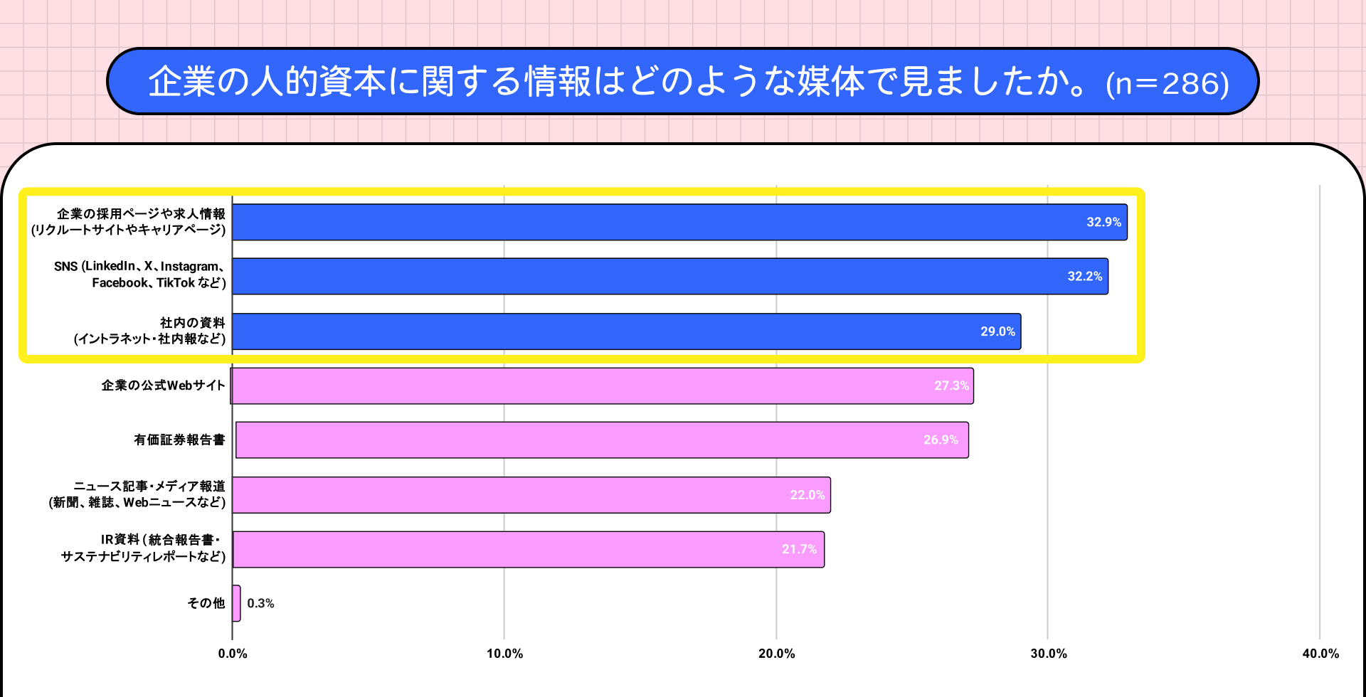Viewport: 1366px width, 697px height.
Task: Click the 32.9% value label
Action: click(x=1103, y=222)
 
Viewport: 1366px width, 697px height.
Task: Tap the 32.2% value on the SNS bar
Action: click(x=1084, y=276)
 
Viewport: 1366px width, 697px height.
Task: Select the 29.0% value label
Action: click(x=997, y=331)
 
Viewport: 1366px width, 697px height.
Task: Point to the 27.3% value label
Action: click(x=951, y=385)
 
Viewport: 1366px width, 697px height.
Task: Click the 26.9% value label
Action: click(x=941, y=440)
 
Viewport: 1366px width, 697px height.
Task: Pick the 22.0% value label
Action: click(x=808, y=495)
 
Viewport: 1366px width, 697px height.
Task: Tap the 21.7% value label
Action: click(x=799, y=549)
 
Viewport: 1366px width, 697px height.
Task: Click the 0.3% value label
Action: click(x=260, y=603)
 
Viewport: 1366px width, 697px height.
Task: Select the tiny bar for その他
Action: click(x=236, y=603)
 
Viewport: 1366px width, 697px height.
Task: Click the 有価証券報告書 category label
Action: click(x=179, y=440)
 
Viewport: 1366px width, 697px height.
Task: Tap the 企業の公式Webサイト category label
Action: click(x=163, y=385)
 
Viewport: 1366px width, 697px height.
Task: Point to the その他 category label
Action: click(x=206, y=603)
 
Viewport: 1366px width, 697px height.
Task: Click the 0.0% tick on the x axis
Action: click(x=233, y=654)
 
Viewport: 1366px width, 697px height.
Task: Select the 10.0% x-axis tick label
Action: click(x=504, y=654)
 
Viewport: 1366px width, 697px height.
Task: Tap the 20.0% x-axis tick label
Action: click(x=776, y=654)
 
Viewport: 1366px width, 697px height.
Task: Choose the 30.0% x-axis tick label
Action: click(x=1048, y=654)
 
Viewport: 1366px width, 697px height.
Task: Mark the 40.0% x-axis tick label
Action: click(x=1320, y=654)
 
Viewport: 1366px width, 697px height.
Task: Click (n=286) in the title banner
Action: click(x=1167, y=84)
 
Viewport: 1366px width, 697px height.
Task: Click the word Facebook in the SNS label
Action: click(x=119, y=283)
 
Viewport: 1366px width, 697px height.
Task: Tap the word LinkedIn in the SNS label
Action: click(x=110, y=266)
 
